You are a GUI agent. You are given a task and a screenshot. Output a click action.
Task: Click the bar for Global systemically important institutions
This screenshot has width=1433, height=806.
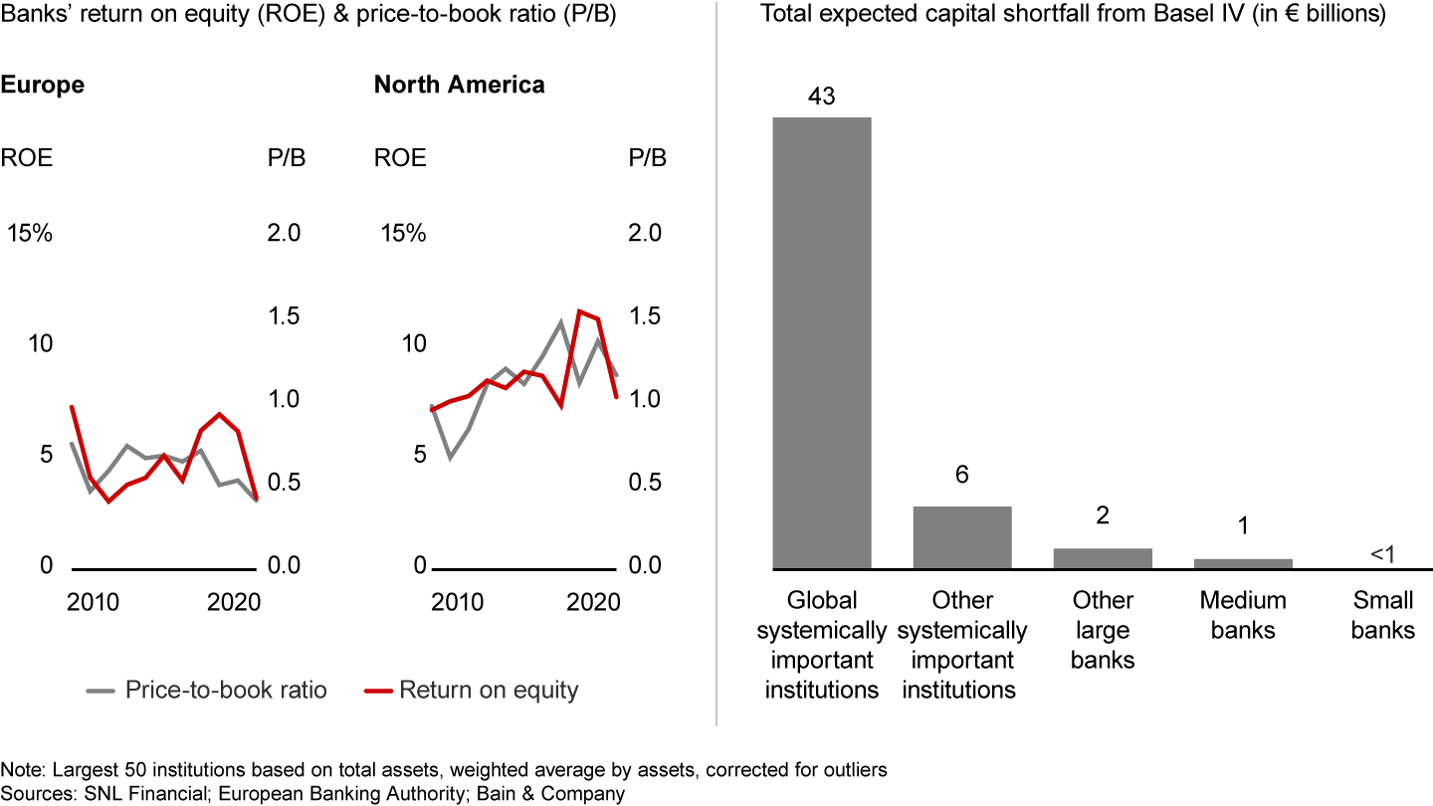[x=822, y=343]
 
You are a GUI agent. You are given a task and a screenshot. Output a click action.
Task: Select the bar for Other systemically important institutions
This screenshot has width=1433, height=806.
[x=962, y=537]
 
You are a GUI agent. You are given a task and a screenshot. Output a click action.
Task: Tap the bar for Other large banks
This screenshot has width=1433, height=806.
[x=1103, y=558]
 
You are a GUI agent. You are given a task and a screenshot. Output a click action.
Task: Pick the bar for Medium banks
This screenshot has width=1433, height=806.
[x=1243, y=563]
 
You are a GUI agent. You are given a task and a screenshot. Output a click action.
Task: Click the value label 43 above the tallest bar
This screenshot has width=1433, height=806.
[x=822, y=97]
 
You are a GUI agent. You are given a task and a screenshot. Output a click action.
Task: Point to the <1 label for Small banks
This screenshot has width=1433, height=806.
[x=1382, y=552]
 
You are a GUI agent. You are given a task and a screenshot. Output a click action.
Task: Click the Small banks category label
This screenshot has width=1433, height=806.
[x=1382, y=615]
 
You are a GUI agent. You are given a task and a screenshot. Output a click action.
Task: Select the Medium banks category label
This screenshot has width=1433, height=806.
[x=1243, y=615]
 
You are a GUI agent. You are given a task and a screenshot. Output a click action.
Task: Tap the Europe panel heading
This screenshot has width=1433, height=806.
[x=42, y=85]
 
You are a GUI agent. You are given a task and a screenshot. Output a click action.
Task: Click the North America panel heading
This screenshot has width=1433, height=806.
[x=459, y=85]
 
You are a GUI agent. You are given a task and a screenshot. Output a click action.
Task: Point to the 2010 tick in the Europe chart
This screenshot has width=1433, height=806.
[x=95, y=602]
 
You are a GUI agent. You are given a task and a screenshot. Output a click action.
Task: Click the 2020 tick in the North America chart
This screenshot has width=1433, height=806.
[x=593, y=602]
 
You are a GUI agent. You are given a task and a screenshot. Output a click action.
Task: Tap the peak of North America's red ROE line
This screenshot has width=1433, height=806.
[x=580, y=311]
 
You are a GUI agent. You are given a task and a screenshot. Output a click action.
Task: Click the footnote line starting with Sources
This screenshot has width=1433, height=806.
[x=313, y=793]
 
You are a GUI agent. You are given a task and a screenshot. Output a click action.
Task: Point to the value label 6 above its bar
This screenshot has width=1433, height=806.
[x=962, y=475]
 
